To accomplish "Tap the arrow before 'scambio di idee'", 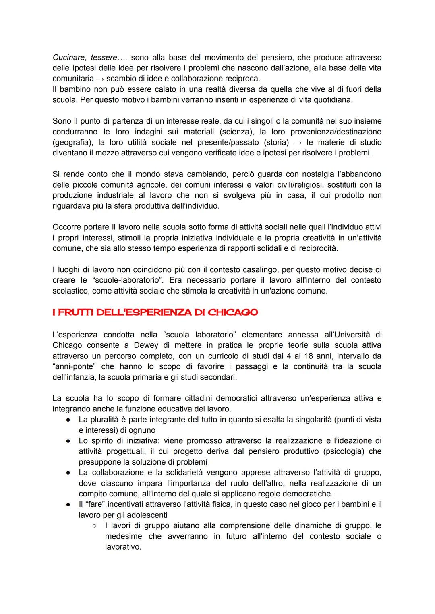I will pyautogui.click(x=99, y=79).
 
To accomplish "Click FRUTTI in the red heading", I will pyautogui.click(x=77, y=312).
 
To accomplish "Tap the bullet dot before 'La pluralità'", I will pyautogui.click(x=70, y=420).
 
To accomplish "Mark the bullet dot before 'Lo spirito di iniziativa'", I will pyautogui.click(x=70, y=441).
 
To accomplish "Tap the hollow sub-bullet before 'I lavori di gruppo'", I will pyautogui.click(x=94, y=526).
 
